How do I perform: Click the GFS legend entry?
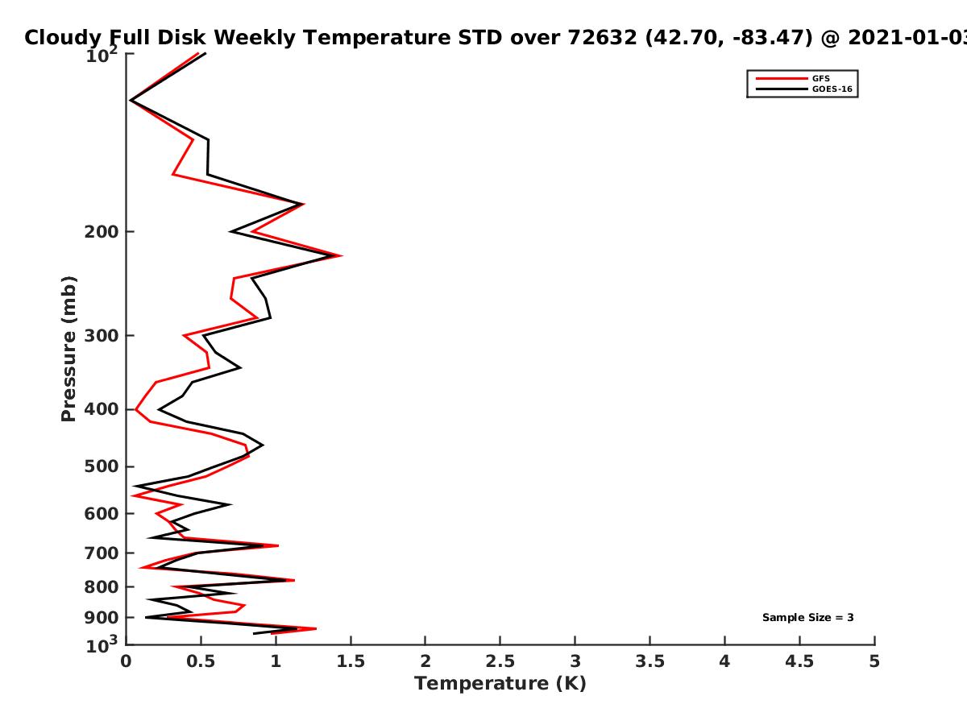click(x=793, y=78)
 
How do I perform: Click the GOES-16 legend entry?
click(x=804, y=89)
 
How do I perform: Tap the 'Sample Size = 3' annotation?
click(x=808, y=618)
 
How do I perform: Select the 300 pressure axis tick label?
click(x=102, y=336)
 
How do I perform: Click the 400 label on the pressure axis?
click(x=102, y=409)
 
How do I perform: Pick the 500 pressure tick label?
click(x=102, y=466)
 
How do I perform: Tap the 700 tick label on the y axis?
click(x=102, y=553)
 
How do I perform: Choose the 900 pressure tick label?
click(x=102, y=618)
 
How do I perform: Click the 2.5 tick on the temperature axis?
click(x=500, y=661)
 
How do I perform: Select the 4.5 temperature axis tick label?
click(x=799, y=661)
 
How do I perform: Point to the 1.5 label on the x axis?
click(x=351, y=661)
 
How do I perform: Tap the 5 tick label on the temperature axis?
click(x=874, y=661)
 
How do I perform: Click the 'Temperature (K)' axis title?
click(x=500, y=684)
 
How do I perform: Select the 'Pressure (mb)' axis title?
click(x=68, y=349)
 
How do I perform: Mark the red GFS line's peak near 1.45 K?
click(x=342, y=255)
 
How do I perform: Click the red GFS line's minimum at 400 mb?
click(x=136, y=410)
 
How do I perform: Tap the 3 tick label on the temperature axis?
click(x=575, y=661)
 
